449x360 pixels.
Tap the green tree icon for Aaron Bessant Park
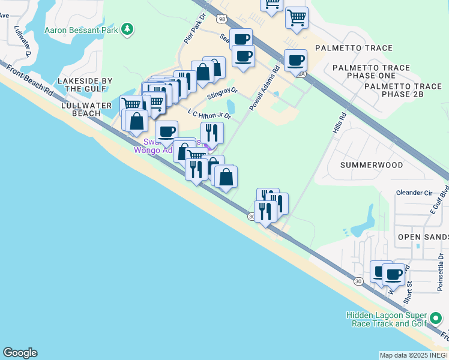pos(127,29)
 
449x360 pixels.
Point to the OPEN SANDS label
pos(423,238)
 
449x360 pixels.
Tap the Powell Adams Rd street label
pos(265,88)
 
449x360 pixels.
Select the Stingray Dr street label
pos(222,94)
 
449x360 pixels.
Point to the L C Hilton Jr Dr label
pos(209,114)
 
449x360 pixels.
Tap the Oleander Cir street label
pos(414,193)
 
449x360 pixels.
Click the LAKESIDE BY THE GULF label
pos(89,85)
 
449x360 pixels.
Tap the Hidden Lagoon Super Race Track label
pos(386,320)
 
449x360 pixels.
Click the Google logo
pos(20,353)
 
